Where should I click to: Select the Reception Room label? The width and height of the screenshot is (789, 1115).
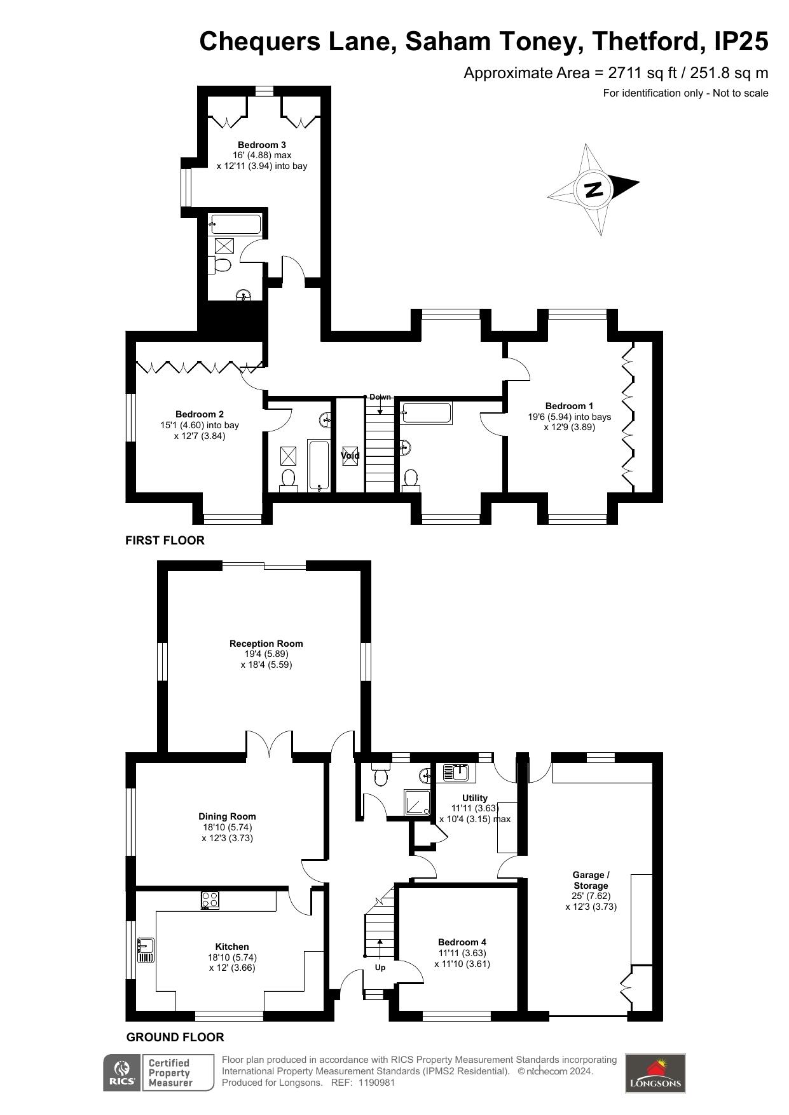click(x=266, y=644)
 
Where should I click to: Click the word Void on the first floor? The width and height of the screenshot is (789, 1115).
click(x=350, y=455)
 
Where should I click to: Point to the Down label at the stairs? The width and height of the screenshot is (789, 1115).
click(x=380, y=397)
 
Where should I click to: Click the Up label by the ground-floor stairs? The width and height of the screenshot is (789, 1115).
click(x=380, y=968)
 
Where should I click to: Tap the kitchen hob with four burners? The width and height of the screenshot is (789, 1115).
click(x=210, y=900)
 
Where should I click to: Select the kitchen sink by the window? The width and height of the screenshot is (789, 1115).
click(x=146, y=950)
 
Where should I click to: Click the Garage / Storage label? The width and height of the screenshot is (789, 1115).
click(x=591, y=880)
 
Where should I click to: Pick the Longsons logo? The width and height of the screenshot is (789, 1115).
click(x=655, y=1073)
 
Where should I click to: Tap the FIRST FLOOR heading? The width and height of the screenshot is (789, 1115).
click(x=165, y=541)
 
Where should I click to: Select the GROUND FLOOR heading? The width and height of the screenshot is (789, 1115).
click(x=175, y=1037)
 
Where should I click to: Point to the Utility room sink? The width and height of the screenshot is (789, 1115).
click(x=456, y=773)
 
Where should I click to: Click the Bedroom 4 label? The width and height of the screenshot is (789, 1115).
click(x=462, y=942)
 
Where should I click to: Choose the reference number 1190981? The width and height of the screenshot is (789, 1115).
click(x=377, y=1083)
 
